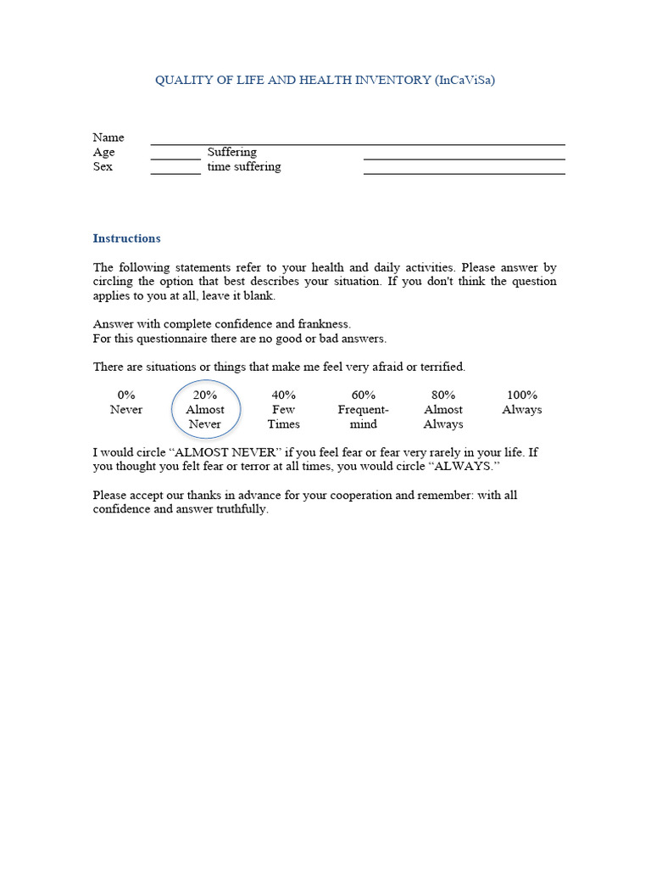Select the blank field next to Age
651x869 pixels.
tap(175, 156)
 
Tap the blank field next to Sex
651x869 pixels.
tap(175, 171)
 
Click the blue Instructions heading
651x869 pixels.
tap(126, 238)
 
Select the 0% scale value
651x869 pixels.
tap(126, 395)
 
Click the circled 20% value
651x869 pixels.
tap(205, 395)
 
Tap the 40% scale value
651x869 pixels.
tap(283, 395)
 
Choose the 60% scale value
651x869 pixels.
tap(363, 395)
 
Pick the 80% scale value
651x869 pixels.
tap(443, 395)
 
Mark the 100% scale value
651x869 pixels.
tap(522, 395)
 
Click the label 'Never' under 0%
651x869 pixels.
tap(126, 410)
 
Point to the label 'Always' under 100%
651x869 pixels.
tap(522, 410)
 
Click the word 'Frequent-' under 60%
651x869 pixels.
tap(363, 410)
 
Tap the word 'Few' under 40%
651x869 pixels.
tap(283, 410)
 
